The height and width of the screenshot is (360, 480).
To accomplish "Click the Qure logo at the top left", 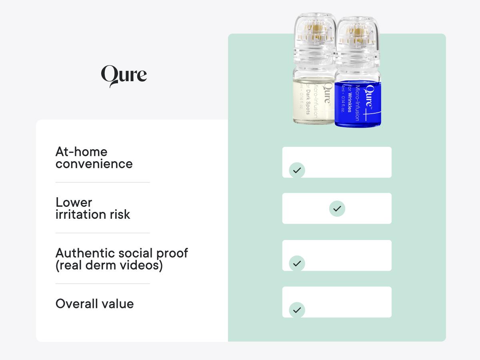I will (124, 76).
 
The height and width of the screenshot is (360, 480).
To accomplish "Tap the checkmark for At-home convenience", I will (297, 170).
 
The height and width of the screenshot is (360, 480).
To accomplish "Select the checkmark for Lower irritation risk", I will (337, 208).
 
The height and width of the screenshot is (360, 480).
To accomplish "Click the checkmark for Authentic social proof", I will (297, 264).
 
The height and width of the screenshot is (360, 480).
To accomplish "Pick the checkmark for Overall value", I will (297, 310).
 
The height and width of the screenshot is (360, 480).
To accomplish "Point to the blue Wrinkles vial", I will (358, 102).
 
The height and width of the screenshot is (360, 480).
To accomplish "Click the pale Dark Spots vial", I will (314, 100).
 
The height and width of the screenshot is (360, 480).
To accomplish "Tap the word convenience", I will (94, 164).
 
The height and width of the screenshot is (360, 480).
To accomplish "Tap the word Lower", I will (74, 202).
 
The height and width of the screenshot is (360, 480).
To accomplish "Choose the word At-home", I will (81, 152).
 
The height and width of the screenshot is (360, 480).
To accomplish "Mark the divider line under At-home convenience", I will (102, 182).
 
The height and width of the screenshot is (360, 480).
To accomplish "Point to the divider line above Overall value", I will (102, 284).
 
